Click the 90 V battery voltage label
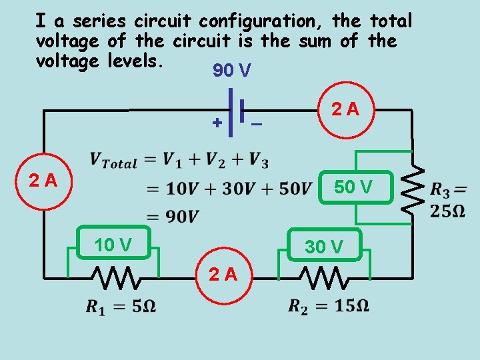click(231, 71)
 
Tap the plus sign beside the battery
click(217, 123)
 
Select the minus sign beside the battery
click(256, 124)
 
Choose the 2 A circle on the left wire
click(43, 180)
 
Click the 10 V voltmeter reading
click(113, 245)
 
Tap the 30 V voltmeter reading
click(324, 247)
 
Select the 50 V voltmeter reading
click(353, 187)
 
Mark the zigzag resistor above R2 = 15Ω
click(323, 275)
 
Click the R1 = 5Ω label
click(121, 307)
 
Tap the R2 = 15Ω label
click(329, 306)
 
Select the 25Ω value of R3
click(448, 211)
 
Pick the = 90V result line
click(173, 216)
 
